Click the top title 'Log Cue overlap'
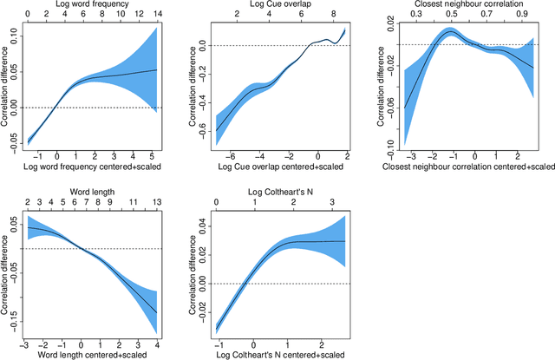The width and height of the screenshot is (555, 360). (x=257, y=5)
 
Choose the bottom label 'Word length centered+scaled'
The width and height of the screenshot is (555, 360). (x=92, y=351)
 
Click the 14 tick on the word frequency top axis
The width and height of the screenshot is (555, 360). (x=155, y=15)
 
